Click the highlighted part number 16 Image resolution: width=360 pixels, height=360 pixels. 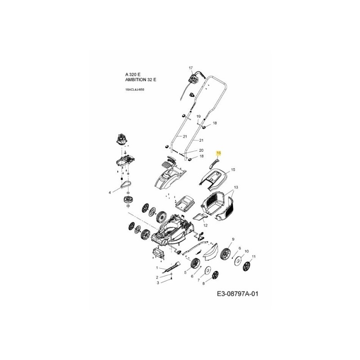(x=219, y=153)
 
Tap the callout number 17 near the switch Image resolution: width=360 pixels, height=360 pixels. (x=190, y=68)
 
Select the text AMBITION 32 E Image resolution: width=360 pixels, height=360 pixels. (x=141, y=79)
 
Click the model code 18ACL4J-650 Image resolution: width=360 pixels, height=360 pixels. (x=135, y=90)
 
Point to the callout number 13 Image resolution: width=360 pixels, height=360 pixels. (x=236, y=186)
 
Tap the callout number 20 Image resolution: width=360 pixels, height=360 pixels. (x=201, y=150)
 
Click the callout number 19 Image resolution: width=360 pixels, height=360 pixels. (x=198, y=117)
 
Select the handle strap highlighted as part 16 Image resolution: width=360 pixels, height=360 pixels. (x=215, y=161)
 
